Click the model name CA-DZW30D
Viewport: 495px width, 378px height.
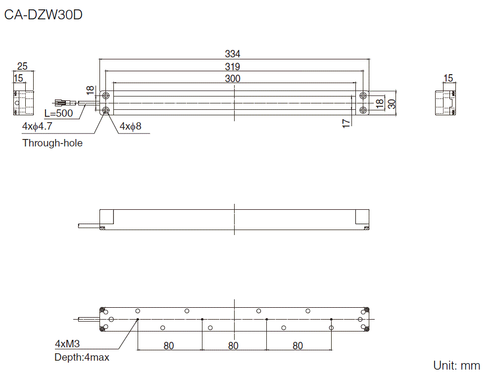[43, 15]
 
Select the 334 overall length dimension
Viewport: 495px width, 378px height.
[233, 54]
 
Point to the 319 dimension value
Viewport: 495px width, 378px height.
[233, 66]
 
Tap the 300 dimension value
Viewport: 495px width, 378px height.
[233, 79]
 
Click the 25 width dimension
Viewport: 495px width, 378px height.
[22, 66]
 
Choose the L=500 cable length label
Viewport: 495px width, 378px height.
[58, 113]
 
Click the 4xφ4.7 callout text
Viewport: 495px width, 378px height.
[37, 126]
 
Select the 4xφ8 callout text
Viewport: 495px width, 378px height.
[130, 126]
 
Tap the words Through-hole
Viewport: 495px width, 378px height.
[52, 143]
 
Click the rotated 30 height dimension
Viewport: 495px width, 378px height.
[392, 103]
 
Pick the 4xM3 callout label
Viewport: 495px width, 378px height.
[67, 344]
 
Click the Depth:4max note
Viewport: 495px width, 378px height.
[82, 357]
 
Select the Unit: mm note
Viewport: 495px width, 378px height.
[456, 366]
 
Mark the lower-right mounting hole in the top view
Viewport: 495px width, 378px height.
[363, 110]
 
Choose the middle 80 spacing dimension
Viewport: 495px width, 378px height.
[233, 346]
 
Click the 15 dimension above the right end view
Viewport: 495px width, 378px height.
[448, 78]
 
